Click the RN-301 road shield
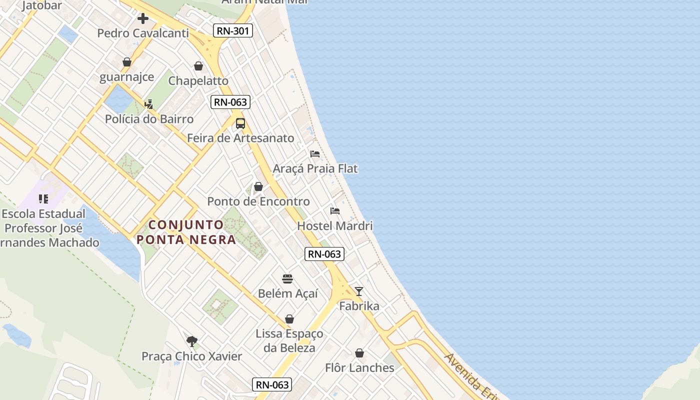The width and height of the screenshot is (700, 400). (x=233, y=31)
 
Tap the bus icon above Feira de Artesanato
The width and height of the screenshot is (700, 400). (x=240, y=123)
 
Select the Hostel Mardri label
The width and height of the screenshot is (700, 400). (x=335, y=226)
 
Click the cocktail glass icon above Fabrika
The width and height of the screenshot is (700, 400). (x=359, y=291)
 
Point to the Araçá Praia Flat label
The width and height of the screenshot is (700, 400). (x=315, y=169)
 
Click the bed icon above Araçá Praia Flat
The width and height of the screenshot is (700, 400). (x=315, y=153)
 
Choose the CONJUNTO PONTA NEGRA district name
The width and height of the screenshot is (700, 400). (x=186, y=232)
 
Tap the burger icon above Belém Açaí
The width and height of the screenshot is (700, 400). (x=287, y=278)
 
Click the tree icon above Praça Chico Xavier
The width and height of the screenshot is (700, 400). (x=191, y=341)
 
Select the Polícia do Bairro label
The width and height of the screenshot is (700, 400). (x=149, y=119)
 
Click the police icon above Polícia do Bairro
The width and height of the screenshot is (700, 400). (x=148, y=104)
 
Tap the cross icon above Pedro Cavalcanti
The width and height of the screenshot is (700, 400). (x=143, y=18)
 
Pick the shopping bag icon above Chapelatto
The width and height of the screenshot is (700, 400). (x=198, y=66)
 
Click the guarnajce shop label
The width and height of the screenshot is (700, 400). (x=126, y=77)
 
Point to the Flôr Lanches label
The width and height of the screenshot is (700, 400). (x=359, y=368)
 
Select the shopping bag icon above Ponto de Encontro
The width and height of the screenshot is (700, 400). (x=258, y=186)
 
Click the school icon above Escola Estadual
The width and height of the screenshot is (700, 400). (x=43, y=199)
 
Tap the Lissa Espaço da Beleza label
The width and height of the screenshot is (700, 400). (x=289, y=340)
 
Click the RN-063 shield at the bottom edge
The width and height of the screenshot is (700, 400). (x=272, y=384)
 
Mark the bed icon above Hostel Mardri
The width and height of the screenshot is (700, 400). (x=335, y=210)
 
